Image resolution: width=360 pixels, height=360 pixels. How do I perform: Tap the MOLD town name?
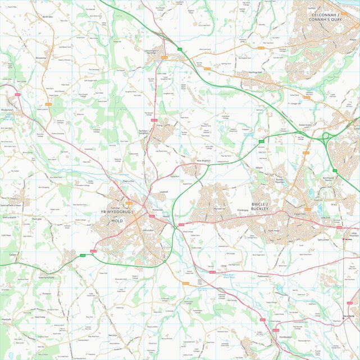click(x=117, y=221)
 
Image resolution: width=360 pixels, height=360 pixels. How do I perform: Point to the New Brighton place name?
click(x=203, y=161)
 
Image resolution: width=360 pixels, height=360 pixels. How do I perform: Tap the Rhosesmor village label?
click(x=41, y=57)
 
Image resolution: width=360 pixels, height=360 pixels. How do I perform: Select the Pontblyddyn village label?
click(x=286, y=337)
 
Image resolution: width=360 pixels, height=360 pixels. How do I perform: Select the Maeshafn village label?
click(x=7, y=319)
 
